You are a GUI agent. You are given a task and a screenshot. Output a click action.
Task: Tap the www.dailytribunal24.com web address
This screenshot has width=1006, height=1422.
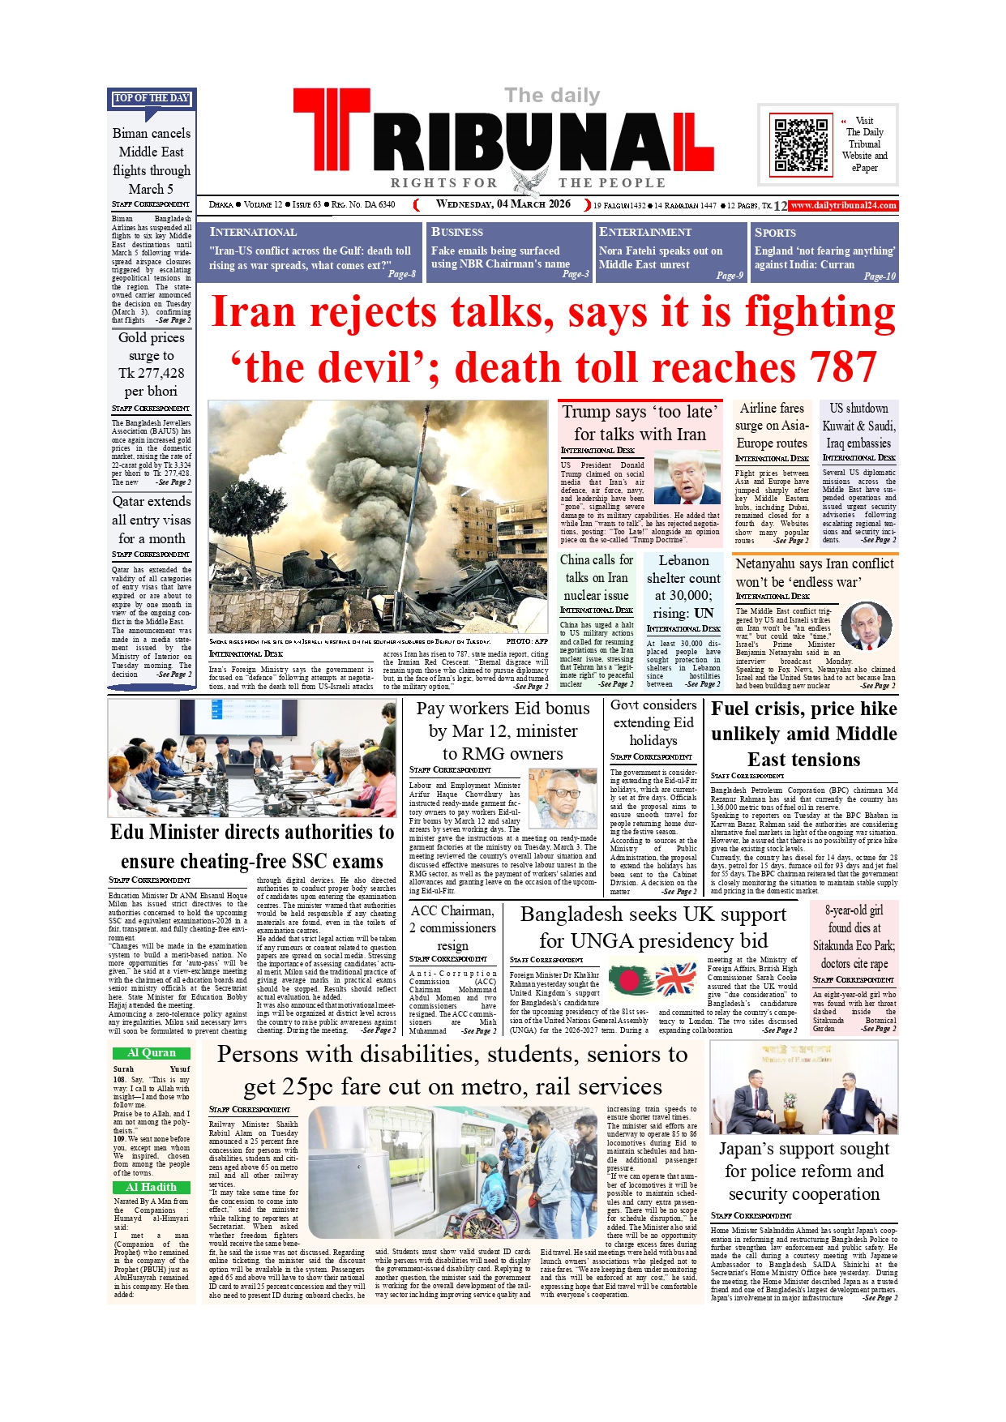pyautogui.click(x=843, y=206)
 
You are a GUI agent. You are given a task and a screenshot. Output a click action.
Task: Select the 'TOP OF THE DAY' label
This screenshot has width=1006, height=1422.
pyautogui.click(x=152, y=98)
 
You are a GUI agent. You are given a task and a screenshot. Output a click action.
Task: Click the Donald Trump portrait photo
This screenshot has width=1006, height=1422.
pyautogui.click(x=687, y=479)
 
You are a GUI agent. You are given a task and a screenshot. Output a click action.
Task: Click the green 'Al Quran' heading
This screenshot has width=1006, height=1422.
pyautogui.click(x=152, y=1053)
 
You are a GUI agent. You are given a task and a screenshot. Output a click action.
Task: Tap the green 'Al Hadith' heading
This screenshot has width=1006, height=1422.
pyautogui.click(x=152, y=1187)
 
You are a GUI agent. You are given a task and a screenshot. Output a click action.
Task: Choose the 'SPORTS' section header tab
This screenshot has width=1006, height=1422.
pyautogui.click(x=776, y=233)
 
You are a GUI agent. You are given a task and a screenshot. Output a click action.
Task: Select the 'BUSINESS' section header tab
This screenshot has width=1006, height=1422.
pyautogui.click(x=457, y=233)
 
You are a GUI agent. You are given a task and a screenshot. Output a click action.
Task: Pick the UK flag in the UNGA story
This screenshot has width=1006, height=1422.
pyautogui.click(x=676, y=980)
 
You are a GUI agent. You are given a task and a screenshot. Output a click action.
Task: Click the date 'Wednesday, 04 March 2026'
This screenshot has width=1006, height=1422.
pyautogui.click(x=503, y=204)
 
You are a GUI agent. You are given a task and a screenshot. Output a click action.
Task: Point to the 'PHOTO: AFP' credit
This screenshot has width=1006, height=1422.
pyautogui.click(x=527, y=641)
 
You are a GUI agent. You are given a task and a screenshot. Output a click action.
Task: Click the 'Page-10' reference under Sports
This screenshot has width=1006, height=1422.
pyautogui.click(x=880, y=276)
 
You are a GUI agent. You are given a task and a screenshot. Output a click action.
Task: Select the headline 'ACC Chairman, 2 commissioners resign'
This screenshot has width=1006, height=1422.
pyautogui.click(x=452, y=928)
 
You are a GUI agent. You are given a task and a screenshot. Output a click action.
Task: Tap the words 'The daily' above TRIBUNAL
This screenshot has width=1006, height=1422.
pyautogui.click(x=552, y=96)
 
